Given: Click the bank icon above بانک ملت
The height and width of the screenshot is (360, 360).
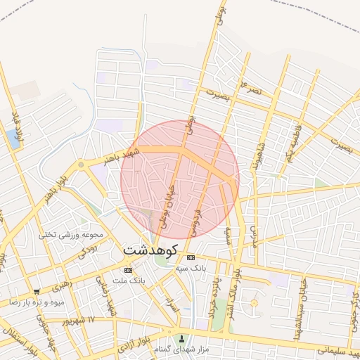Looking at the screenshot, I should coord(127,270).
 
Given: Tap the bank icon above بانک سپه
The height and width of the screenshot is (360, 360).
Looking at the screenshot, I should coord(191,257).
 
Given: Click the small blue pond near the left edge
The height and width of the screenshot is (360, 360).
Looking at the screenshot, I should coord(13,139).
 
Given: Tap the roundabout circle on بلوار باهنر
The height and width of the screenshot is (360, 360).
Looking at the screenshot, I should coord(82,165).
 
